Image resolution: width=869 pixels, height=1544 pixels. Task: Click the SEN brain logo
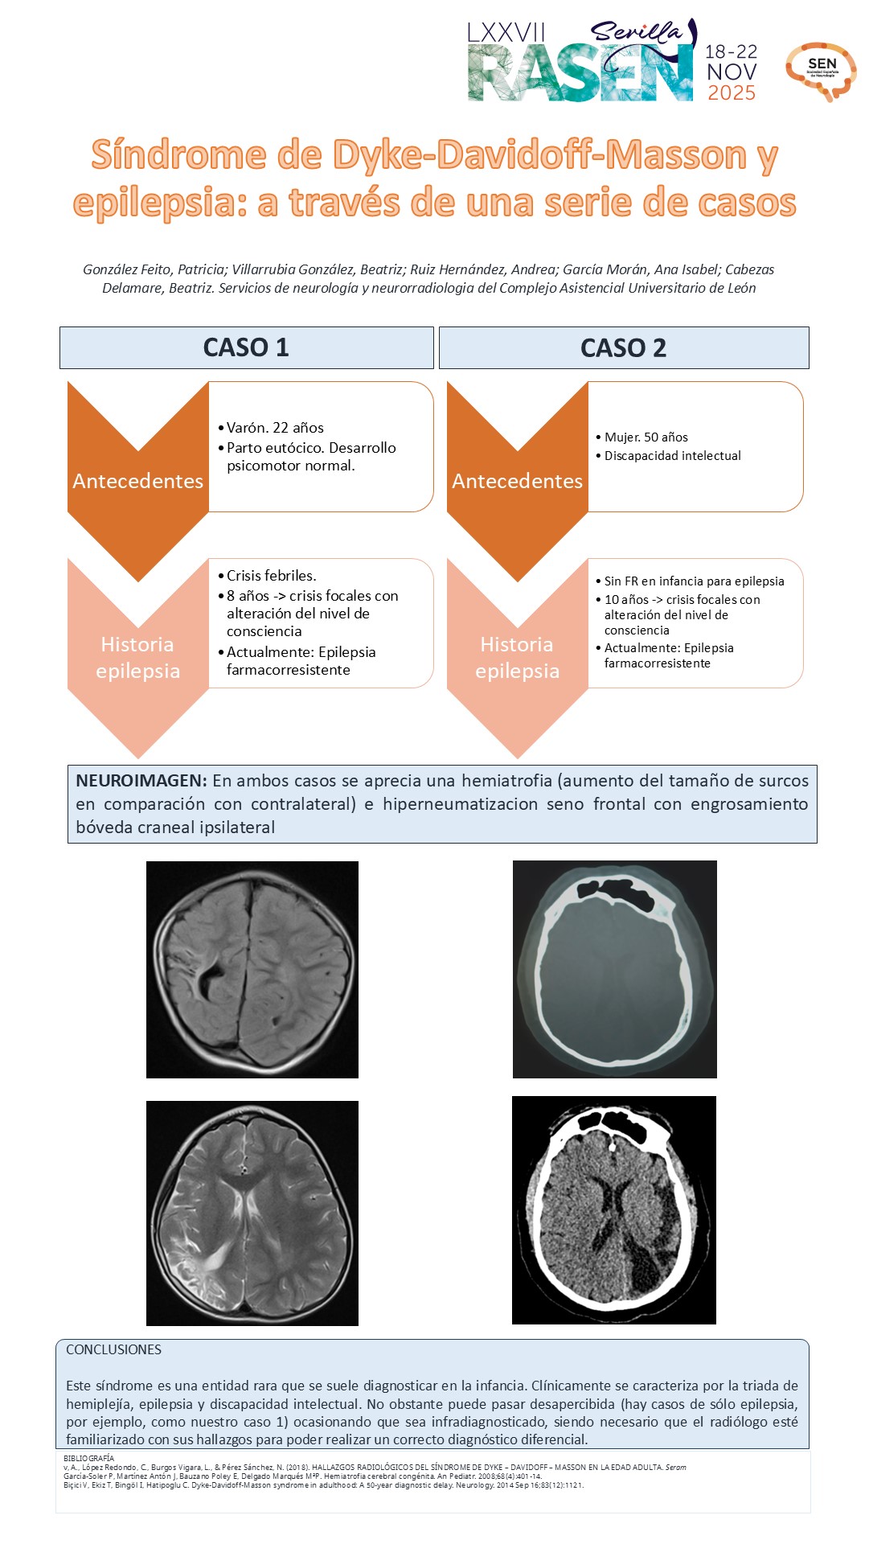(x=821, y=71)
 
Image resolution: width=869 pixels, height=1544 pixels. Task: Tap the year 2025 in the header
(x=731, y=93)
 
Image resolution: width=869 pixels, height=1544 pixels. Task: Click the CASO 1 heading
(x=246, y=347)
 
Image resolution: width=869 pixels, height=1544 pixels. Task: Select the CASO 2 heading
(x=623, y=348)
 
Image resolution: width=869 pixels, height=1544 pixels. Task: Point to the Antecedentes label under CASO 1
(x=137, y=481)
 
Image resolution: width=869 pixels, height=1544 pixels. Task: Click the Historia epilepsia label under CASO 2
(x=517, y=658)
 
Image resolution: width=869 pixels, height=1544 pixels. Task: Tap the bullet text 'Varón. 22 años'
(x=275, y=428)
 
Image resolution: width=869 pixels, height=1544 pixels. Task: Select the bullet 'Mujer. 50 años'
(x=646, y=437)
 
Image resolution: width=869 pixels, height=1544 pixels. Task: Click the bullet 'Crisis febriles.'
(x=271, y=576)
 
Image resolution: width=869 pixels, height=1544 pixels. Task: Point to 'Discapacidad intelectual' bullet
(x=672, y=456)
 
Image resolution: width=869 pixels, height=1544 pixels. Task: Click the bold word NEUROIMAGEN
(x=141, y=781)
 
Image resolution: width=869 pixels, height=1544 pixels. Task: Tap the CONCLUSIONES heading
(x=113, y=1349)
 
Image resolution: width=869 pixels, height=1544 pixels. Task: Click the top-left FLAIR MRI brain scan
(x=252, y=970)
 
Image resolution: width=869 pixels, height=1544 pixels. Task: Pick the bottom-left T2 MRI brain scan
(x=252, y=1213)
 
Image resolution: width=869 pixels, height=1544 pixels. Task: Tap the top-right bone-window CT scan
(x=614, y=970)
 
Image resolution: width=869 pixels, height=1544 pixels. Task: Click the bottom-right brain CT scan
(x=613, y=1209)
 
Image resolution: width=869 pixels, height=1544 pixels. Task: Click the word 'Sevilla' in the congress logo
(x=636, y=31)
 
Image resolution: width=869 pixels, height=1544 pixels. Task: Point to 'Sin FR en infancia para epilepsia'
(x=694, y=581)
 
